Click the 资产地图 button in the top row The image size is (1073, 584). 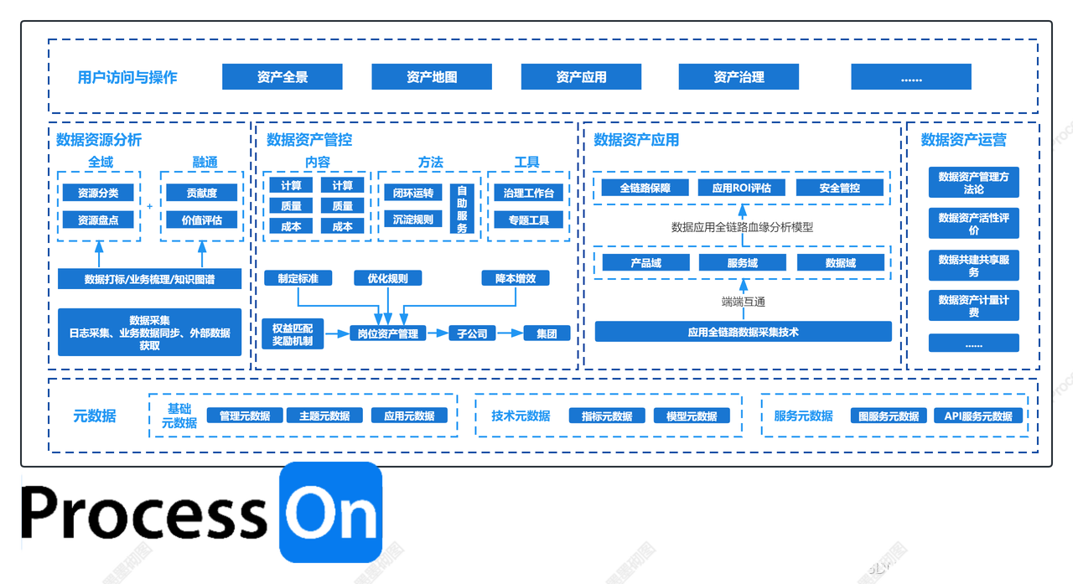(x=432, y=77)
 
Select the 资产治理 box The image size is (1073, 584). (x=739, y=77)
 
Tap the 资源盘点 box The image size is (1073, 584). (x=98, y=220)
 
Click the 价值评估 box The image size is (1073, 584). (x=202, y=220)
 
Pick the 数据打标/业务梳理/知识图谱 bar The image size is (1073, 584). (x=149, y=279)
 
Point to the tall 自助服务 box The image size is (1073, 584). (x=462, y=209)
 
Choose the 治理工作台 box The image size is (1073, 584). (x=528, y=194)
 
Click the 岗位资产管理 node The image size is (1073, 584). (x=388, y=333)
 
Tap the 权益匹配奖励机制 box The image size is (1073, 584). (x=293, y=333)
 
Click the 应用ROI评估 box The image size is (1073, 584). (x=741, y=189)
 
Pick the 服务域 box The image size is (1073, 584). (x=742, y=263)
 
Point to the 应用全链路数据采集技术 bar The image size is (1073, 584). (x=743, y=332)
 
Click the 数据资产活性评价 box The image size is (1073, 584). (x=973, y=224)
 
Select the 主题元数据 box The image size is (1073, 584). (x=324, y=416)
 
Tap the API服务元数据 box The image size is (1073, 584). (x=978, y=416)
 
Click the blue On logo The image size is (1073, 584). (x=330, y=512)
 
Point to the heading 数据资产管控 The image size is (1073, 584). (x=309, y=140)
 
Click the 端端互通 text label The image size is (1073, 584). (x=743, y=302)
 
